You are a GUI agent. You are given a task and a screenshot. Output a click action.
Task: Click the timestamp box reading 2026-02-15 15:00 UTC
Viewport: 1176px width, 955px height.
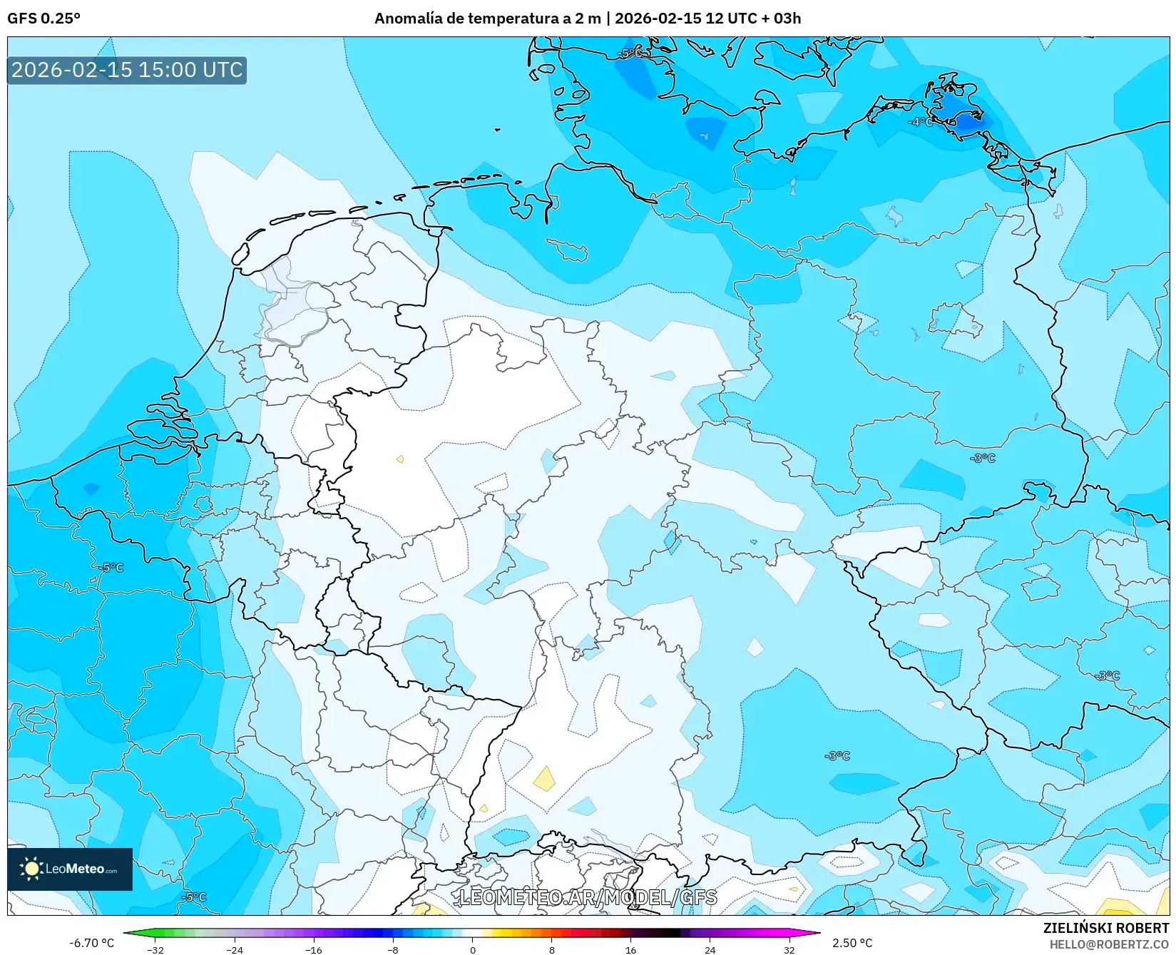click(x=127, y=70)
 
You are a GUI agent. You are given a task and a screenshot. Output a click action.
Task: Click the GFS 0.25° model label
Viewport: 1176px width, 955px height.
click(x=44, y=19)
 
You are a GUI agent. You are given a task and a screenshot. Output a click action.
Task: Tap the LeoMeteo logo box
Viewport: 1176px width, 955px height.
click(x=70, y=869)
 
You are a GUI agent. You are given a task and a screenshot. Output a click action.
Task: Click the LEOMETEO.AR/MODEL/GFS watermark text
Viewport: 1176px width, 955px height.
click(x=588, y=897)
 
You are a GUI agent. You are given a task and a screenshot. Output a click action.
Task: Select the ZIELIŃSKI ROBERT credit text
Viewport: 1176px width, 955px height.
click(x=1106, y=928)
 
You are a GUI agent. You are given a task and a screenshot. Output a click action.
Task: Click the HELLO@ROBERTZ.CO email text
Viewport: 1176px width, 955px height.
click(x=1109, y=944)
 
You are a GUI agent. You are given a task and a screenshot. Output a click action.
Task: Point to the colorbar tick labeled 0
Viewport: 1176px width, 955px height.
click(x=472, y=949)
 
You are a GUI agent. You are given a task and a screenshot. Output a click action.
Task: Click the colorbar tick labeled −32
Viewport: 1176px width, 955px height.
click(x=155, y=949)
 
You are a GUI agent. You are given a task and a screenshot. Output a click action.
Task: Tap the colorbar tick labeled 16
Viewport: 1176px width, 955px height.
click(x=630, y=949)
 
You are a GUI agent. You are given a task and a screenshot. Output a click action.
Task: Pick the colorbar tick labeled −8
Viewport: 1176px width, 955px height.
click(x=393, y=949)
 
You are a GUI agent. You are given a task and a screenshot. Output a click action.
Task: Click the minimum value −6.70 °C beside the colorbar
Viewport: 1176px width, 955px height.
click(x=91, y=943)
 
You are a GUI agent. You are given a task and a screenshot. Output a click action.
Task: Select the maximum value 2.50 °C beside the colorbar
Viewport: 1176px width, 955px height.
click(x=852, y=943)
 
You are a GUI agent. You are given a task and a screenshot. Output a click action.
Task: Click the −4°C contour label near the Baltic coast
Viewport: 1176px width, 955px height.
click(x=920, y=122)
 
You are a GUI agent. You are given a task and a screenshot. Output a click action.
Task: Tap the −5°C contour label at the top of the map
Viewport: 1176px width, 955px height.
click(x=630, y=53)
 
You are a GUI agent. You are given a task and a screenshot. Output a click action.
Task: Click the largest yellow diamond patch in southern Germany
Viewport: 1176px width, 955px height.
click(x=545, y=778)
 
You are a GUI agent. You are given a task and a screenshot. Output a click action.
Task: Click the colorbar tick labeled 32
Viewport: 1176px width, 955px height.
click(x=789, y=949)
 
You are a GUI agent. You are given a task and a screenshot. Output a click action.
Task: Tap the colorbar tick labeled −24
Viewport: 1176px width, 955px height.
click(x=235, y=949)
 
